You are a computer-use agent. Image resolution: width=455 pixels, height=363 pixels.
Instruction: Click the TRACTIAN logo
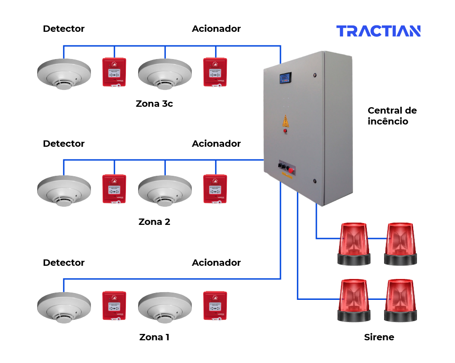(x=378, y=31)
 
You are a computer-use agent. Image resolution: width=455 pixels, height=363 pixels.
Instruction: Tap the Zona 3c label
(x=154, y=104)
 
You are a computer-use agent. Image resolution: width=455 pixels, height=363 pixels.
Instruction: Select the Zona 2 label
(x=154, y=222)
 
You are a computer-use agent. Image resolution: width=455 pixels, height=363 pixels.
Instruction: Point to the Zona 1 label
(x=154, y=338)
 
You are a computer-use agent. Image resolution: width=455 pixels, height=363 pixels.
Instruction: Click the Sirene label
(x=379, y=337)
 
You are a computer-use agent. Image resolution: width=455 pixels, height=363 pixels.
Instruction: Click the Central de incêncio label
(x=392, y=116)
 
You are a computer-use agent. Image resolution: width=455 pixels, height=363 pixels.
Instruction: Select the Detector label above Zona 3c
(x=64, y=29)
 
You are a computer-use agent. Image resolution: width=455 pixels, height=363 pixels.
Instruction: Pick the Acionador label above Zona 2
(x=216, y=144)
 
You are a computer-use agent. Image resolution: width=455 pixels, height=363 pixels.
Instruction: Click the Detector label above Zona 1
(x=64, y=263)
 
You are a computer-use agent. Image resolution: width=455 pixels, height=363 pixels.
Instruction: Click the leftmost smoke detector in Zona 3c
(x=61, y=74)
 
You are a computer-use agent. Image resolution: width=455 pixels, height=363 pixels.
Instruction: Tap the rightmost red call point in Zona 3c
(x=215, y=72)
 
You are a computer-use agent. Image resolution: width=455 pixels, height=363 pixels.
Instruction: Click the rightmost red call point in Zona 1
(x=215, y=306)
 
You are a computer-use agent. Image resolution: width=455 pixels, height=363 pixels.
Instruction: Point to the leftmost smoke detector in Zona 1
(x=61, y=308)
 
